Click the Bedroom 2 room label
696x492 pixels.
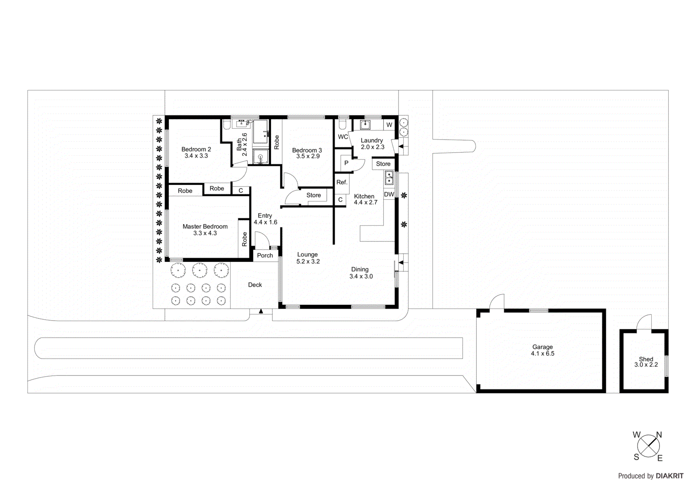click(x=196, y=149)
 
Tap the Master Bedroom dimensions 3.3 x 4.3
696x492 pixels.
click(x=205, y=233)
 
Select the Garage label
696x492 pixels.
click(x=542, y=347)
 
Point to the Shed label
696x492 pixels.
click(x=646, y=359)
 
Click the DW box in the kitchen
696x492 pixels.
click(x=389, y=194)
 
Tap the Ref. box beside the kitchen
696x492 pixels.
click(x=342, y=182)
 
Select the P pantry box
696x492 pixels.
click(x=346, y=163)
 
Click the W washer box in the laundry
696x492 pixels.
click(x=389, y=125)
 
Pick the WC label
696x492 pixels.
click(x=343, y=137)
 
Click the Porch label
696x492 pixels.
click(x=265, y=255)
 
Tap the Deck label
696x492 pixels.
click(x=255, y=285)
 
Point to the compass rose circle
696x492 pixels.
click(x=648, y=446)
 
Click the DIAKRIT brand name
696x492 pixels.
click(x=669, y=476)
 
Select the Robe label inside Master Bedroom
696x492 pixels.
click(x=244, y=239)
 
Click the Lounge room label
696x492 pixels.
click(x=308, y=254)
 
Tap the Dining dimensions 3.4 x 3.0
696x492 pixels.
click(x=361, y=276)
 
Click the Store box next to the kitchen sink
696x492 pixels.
click(x=383, y=164)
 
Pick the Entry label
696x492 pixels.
click(x=265, y=215)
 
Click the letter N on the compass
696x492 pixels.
click(x=659, y=435)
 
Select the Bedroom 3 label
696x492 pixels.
click(x=307, y=150)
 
